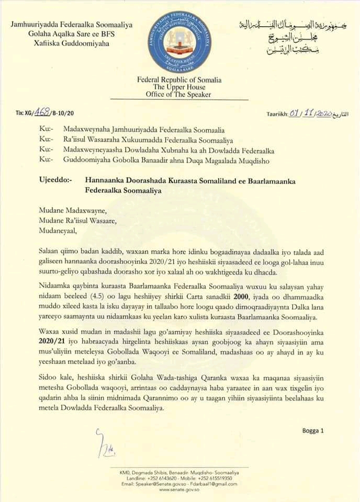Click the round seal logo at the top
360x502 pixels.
[x=179, y=40]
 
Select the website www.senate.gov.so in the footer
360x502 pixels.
[x=179, y=489]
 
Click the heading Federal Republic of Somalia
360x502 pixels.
[x=179, y=80]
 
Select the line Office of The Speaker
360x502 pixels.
[x=179, y=95]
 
